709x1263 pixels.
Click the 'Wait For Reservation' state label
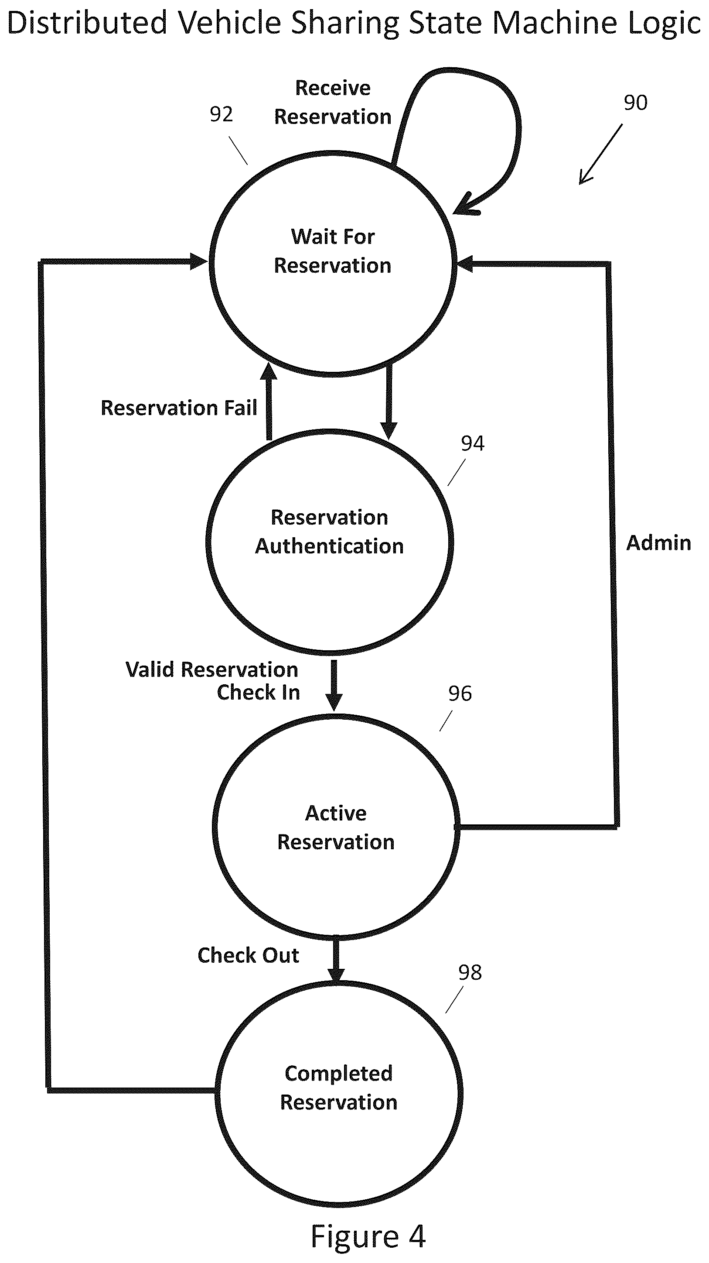333,251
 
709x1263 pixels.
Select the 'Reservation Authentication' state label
329,532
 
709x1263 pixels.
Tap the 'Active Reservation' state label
336,827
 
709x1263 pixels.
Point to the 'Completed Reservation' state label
338,1088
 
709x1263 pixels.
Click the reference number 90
635,103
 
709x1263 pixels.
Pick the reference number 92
221,114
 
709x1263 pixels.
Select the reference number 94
472,443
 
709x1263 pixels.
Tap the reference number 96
460,694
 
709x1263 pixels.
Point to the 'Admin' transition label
658,543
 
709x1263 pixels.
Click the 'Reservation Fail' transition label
179,408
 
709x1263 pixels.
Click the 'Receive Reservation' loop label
333,103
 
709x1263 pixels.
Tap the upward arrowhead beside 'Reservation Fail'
268,372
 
